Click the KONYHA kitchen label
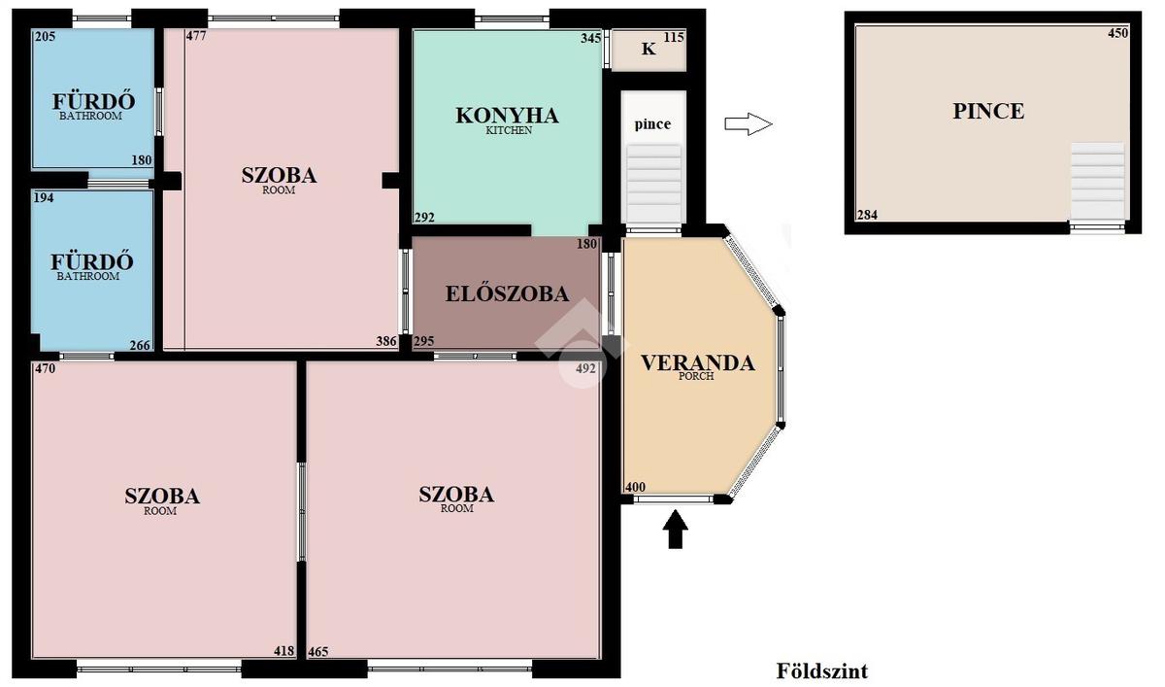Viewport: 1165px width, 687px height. tap(507, 116)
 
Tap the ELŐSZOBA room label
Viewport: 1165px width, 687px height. tap(507, 294)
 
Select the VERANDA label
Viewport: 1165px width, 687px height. tap(697, 363)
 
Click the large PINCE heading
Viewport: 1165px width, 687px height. tap(988, 111)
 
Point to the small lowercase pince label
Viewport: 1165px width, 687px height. tap(652, 124)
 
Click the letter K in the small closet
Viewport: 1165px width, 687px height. tap(649, 49)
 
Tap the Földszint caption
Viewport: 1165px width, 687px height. tap(822, 670)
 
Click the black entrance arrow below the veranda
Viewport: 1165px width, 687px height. tap(675, 529)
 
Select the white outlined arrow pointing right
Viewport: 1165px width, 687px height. tap(749, 124)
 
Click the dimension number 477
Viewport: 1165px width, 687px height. tap(196, 36)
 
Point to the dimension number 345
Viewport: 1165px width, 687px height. tap(591, 38)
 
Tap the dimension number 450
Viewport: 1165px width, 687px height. tap(1117, 33)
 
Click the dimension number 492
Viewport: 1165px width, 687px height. tap(585, 368)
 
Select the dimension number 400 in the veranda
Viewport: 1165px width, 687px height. tap(635, 487)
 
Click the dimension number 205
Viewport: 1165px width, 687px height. tap(45, 36)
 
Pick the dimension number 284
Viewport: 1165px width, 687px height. tap(867, 215)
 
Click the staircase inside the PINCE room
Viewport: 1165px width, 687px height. tap(1097, 181)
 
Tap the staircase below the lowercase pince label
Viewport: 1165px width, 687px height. tap(653, 185)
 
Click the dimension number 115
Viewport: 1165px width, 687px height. tap(674, 37)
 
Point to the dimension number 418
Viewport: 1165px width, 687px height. tap(283, 651)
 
